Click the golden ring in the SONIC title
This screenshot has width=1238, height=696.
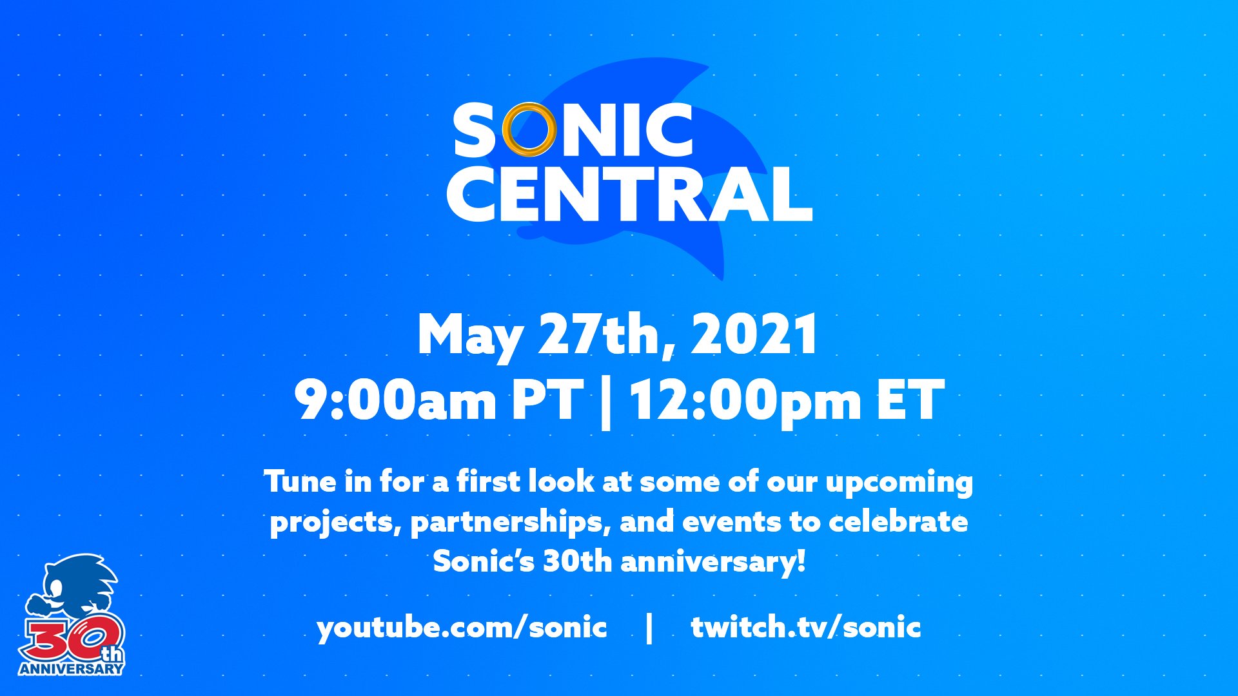[529, 130]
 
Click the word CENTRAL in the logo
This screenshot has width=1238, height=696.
[629, 194]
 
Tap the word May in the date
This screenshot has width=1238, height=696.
[469, 335]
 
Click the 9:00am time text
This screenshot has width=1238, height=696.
[395, 400]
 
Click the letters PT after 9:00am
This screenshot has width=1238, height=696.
[547, 400]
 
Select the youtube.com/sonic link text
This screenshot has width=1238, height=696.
[461, 627]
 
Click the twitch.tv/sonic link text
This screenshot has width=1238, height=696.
[805, 627]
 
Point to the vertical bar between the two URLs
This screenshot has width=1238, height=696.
[649, 627]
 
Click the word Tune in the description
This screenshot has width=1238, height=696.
[300, 481]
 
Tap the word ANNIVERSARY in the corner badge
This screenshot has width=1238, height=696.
[71, 668]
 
